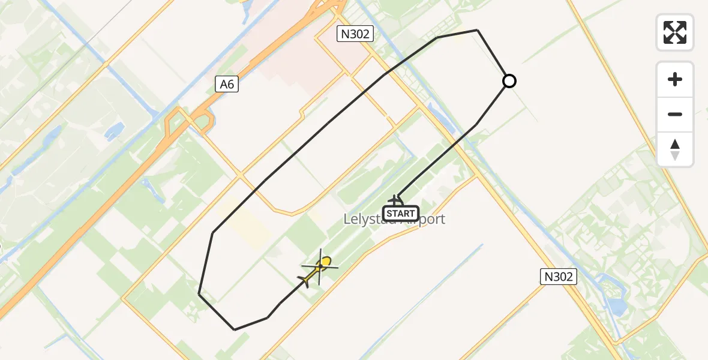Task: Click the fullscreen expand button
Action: coord(675,32)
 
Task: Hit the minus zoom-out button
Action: coord(675,114)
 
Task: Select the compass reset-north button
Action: coord(675,149)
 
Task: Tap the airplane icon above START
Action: coord(396,200)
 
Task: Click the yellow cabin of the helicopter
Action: coord(325,262)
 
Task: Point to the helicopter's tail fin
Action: coord(304,280)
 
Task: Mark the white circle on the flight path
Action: coord(509,80)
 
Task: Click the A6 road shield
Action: coord(227,85)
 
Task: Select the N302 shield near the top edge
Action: coord(356,34)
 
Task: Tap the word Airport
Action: coord(425,220)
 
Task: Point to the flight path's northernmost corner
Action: coord(477,30)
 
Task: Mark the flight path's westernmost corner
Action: coord(199,294)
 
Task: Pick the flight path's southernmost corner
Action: coord(235,329)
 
